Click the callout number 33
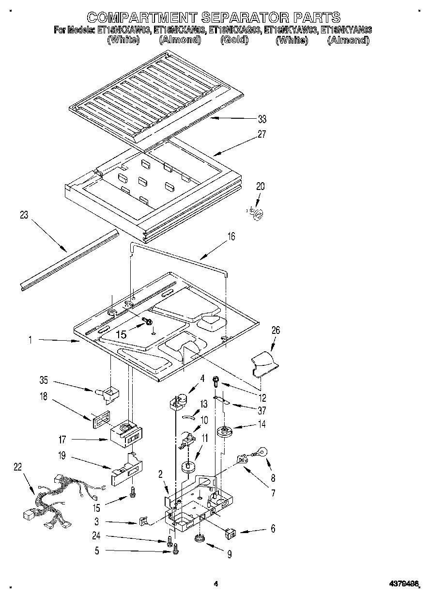pyautogui.click(x=262, y=119)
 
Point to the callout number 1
pyautogui.click(x=30, y=340)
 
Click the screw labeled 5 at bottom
pyautogui.click(x=176, y=548)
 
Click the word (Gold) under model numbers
pyautogui.click(x=234, y=40)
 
